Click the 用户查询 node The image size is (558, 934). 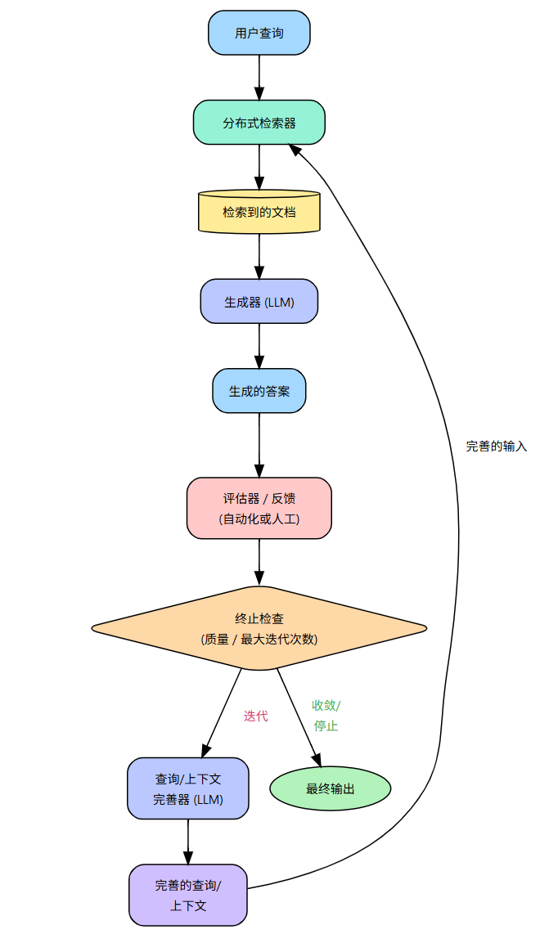[259, 33]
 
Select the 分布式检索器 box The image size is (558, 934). [259, 123]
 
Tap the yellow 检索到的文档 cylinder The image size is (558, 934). [259, 212]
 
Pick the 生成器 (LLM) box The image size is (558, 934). [259, 301]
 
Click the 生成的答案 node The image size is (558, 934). [259, 391]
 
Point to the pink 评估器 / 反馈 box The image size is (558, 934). [259, 508]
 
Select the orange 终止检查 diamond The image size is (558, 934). [259, 628]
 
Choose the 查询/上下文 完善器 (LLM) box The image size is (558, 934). [188, 788]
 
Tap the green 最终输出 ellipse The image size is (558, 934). [331, 788]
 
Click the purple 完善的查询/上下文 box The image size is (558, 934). [188, 895]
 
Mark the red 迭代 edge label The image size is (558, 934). [256, 716]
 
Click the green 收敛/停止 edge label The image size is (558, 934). [326, 715]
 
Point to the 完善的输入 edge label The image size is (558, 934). [497, 447]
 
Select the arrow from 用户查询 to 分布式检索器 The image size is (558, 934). [259, 78]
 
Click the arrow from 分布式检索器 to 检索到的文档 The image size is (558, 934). [259, 167]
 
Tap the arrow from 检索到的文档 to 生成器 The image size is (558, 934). [259, 256]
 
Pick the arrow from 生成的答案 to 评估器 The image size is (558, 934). [259, 444]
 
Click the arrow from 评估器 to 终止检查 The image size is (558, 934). [259, 562]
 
